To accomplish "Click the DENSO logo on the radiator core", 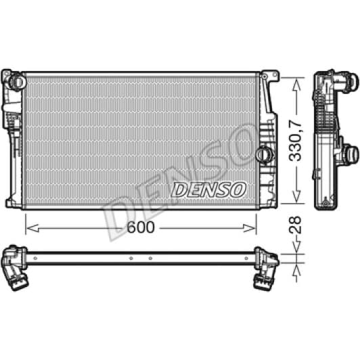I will pos(208,189).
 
